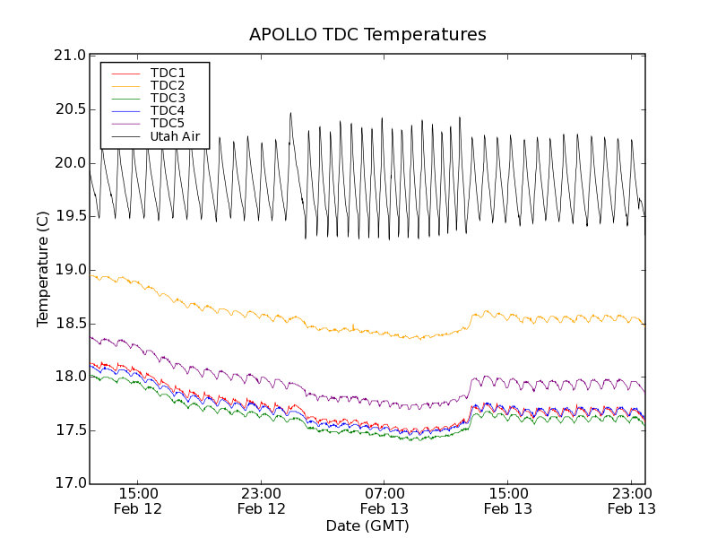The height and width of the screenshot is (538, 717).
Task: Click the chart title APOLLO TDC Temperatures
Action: point(367,35)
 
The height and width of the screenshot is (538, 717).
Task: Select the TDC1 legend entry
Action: point(168,73)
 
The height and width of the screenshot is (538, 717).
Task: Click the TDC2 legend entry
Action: point(168,85)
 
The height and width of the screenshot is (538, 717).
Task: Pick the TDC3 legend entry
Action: point(168,98)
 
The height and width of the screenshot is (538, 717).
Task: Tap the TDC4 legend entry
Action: point(168,110)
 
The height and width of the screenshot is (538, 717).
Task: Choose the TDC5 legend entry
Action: point(168,123)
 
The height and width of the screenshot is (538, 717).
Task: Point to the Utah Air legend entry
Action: point(174,136)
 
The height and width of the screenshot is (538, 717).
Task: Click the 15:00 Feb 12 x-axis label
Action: point(138,500)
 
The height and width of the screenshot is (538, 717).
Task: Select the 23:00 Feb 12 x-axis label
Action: point(262,500)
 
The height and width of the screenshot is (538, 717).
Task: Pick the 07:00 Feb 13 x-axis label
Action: point(384,500)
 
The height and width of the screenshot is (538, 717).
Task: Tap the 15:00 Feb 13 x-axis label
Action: point(508,500)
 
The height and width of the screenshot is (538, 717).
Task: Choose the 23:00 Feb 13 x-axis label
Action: point(631,500)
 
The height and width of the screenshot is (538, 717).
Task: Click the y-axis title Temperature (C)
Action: point(43,269)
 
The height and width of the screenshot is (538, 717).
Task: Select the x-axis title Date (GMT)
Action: point(367,525)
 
